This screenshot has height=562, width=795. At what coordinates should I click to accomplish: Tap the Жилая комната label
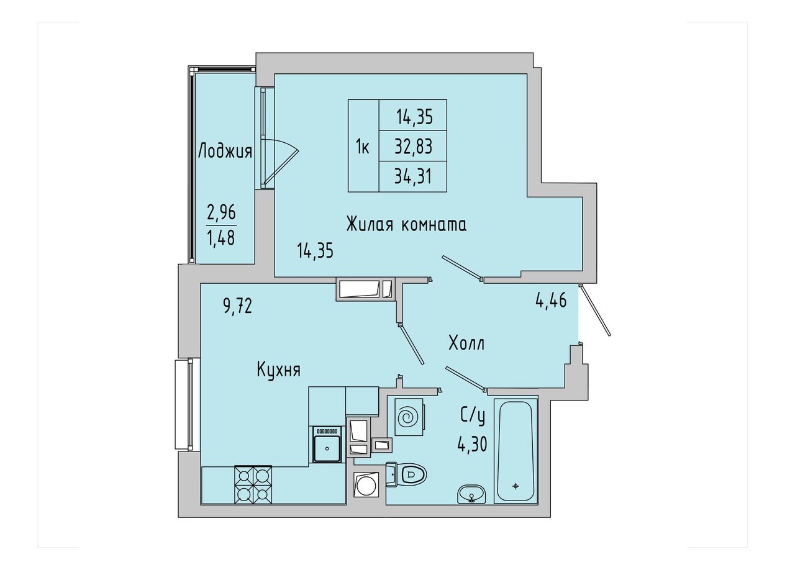(406, 225)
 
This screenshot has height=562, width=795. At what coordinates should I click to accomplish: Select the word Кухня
(279, 370)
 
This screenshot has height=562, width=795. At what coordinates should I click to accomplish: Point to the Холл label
(466, 343)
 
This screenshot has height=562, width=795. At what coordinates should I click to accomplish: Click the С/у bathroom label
(473, 417)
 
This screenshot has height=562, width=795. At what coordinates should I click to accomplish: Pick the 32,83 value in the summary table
(414, 147)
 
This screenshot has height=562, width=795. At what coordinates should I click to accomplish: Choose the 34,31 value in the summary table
(413, 176)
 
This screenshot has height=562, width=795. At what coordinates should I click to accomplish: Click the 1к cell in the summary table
(363, 147)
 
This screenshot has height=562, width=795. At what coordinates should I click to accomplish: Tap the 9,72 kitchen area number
(237, 306)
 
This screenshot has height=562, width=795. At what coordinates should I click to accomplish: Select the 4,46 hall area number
(551, 301)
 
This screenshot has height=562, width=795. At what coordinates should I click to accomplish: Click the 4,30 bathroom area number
(472, 444)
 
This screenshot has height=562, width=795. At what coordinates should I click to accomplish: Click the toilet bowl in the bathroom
(407, 474)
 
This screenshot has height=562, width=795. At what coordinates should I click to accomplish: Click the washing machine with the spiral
(409, 417)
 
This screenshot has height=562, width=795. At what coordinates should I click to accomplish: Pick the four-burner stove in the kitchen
(253, 484)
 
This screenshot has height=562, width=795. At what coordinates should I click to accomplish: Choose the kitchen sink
(327, 445)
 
